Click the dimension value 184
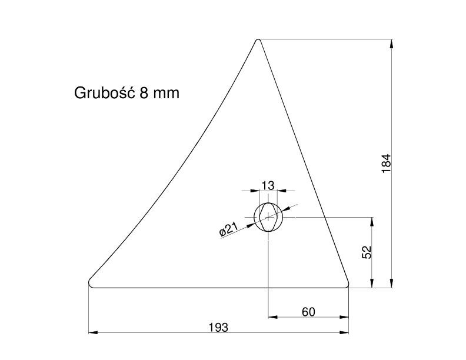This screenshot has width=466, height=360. (387, 164)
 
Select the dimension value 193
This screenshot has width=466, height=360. (218, 327)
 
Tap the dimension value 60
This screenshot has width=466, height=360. (308, 312)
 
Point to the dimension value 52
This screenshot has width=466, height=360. (367, 252)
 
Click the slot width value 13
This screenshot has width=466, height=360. (268, 186)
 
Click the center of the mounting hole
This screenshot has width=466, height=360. (268, 217)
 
